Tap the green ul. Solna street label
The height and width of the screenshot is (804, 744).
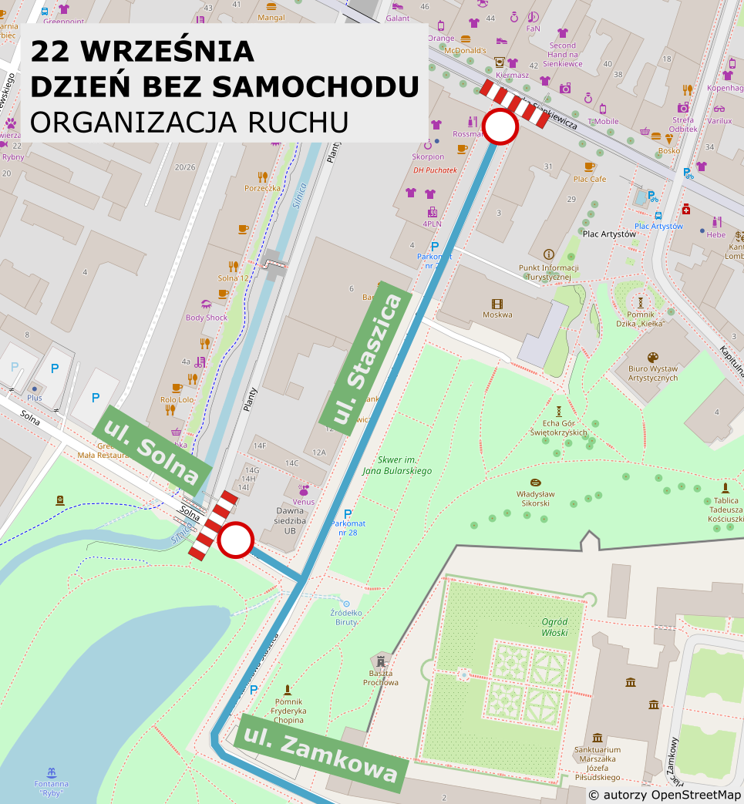(x=152, y=450)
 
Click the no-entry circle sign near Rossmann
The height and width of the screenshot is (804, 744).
(x=500, y=127)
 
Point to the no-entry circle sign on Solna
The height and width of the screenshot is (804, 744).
(x=235, y=540)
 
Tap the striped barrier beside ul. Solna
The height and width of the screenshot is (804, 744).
(x=214, y=524)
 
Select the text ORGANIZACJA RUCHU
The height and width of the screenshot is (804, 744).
(x=189, y=122)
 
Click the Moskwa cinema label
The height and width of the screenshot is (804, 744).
(x=497, y=314)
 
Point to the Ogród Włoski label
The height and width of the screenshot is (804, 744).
(x=554, y=627)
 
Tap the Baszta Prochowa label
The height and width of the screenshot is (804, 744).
(x=381, y=678)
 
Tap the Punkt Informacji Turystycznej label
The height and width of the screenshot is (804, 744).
(x=549, y=272)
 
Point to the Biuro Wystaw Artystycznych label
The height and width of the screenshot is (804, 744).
(x=653, y=373)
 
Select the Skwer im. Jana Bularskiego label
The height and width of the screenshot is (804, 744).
(x=394, y=466)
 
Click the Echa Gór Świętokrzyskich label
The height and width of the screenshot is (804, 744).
(x=559, y=428)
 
